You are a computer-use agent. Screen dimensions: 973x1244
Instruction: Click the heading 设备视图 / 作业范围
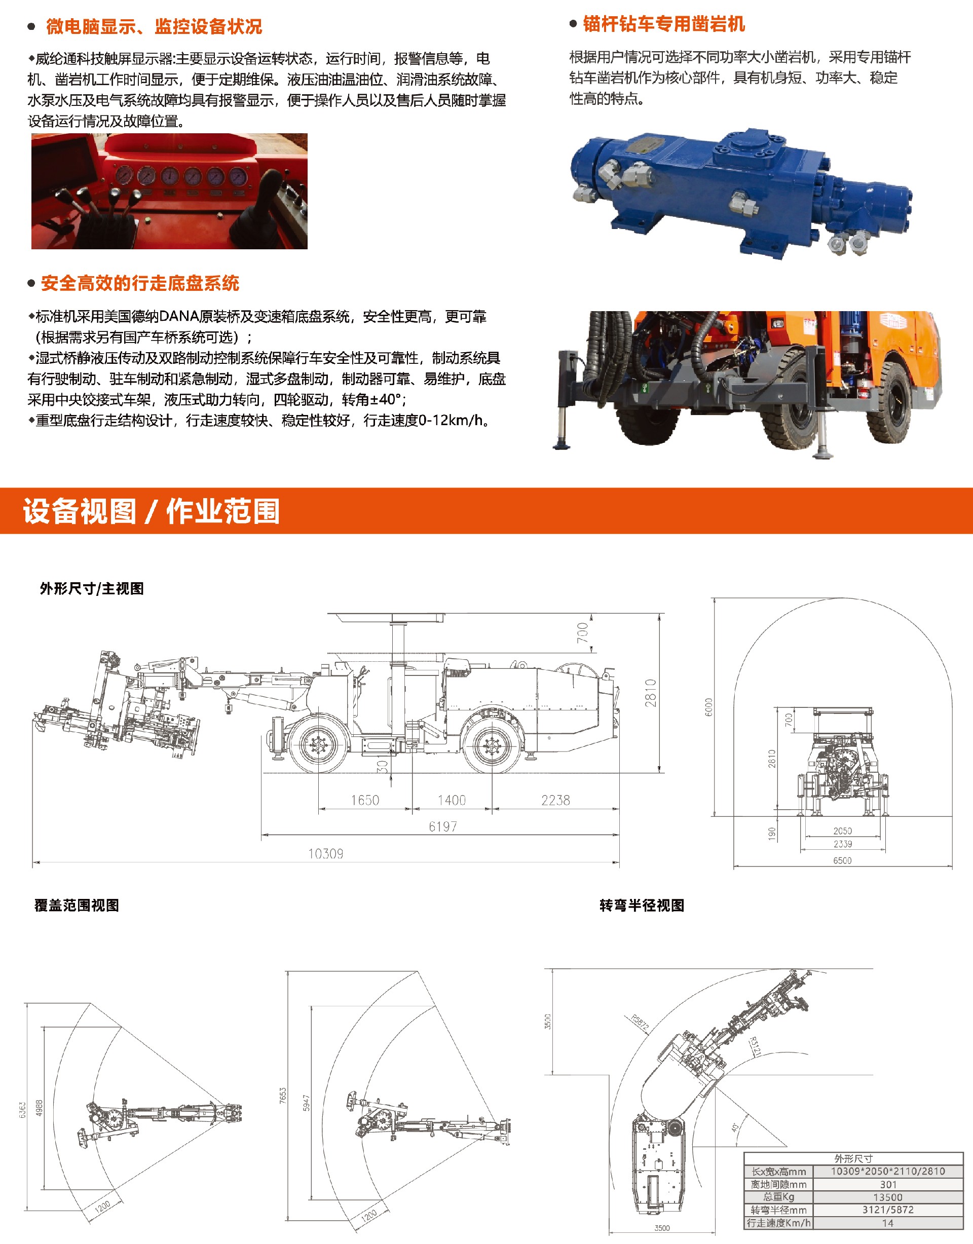(151, 511)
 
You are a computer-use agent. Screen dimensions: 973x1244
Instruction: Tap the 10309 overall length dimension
(325, 853)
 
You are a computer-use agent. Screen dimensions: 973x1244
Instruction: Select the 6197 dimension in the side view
(442, 826)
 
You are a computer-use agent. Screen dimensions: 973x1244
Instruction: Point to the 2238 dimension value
(555, 800)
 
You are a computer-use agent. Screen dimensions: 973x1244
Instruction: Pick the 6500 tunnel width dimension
(843, 860)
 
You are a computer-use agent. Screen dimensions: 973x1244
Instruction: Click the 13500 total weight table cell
(887, 1197)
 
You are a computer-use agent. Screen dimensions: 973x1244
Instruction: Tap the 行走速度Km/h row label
(778, 1222)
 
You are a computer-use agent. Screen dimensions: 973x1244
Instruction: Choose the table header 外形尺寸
(853, 1158)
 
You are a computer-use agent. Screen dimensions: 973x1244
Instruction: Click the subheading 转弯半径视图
(642, 906)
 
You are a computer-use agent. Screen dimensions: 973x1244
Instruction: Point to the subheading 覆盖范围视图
(77, 906)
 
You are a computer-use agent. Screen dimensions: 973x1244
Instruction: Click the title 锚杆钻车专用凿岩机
(664, 24)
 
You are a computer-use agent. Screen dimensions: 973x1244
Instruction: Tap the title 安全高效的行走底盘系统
(140, 283)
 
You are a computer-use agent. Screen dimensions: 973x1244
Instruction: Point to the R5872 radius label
(640, 1023)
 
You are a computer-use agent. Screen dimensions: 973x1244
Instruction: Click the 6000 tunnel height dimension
(708, 707)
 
